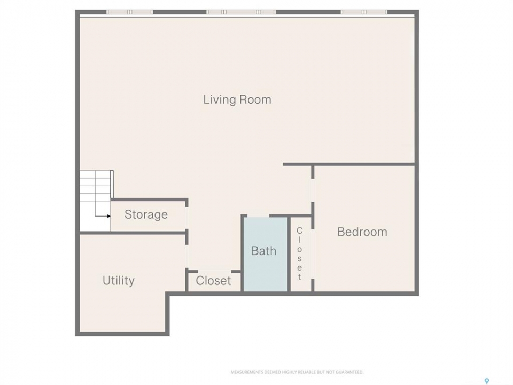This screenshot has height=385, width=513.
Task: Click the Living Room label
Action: point(237,99)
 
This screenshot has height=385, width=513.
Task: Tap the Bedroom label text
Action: point(362,232)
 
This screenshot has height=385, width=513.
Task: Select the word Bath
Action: point(263,251)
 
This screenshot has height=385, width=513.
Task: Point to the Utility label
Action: point(119,281)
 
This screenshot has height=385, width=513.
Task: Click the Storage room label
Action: point(146,214)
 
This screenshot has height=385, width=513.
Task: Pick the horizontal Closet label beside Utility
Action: point(213,281)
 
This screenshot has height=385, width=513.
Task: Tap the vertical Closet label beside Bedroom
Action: point(299,254)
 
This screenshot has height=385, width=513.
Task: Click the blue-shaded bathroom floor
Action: point(266,254)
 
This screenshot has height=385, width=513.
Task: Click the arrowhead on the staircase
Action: point(108,216)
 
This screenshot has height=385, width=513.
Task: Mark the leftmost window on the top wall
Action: point(129,12)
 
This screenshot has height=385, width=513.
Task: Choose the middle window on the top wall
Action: point(241,12)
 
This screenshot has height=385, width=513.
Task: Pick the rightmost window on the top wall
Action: point(364,12)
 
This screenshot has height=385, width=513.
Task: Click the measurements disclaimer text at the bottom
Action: point(297,372)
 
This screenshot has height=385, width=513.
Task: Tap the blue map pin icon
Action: point(487,381)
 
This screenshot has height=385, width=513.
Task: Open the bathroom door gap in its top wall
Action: point(258,215)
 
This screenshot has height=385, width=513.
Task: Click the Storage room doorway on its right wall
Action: point(187,218)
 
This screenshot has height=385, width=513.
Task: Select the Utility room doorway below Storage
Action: point(187,256)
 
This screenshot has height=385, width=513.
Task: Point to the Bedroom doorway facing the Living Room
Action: point(313,190)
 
